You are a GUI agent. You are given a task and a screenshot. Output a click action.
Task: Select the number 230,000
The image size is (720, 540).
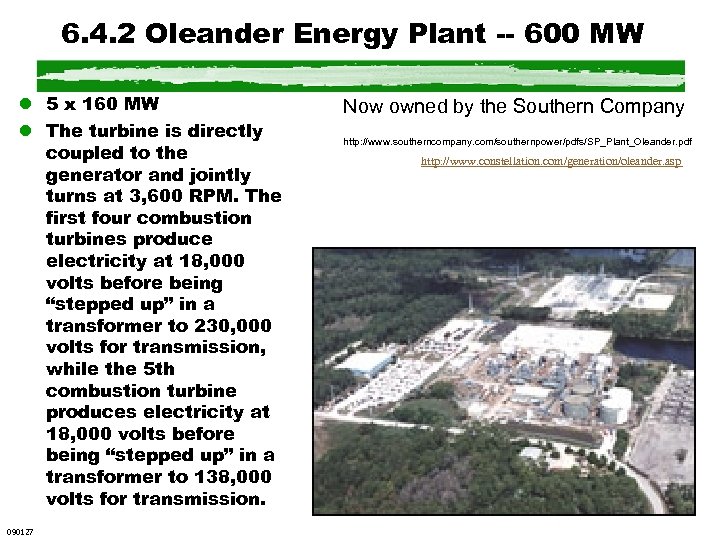228,326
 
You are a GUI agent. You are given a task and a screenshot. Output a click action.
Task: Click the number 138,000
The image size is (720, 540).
228,477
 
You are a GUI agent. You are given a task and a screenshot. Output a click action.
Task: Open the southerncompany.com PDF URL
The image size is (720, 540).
517,142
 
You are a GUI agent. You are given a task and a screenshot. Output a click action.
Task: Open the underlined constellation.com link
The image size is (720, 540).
551,161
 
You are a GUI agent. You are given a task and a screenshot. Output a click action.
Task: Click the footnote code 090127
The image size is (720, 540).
19,531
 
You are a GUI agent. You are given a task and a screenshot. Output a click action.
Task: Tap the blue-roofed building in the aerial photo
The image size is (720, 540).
365,362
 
